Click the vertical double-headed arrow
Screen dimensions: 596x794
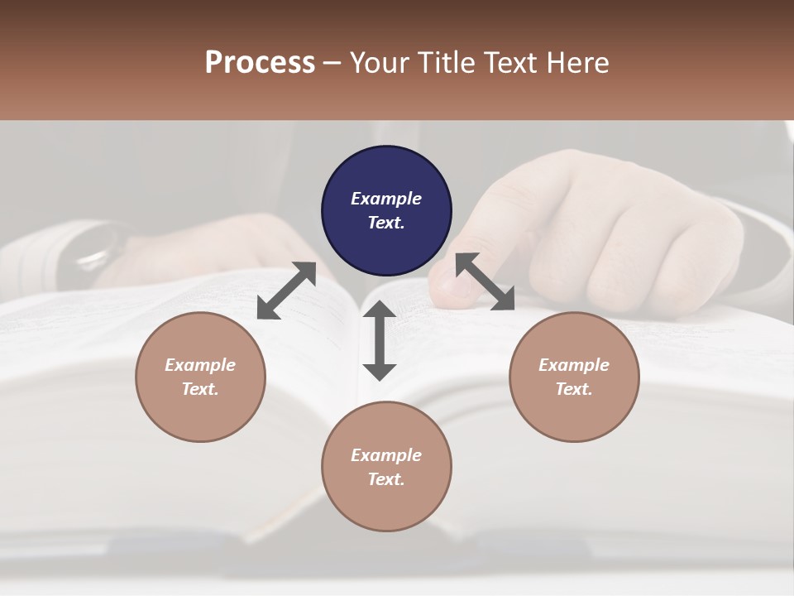point(380,340)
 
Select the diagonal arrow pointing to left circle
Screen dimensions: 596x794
point(286,291)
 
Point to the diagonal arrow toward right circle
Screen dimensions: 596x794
point(485,281)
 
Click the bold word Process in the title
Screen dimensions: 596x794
point(260,62)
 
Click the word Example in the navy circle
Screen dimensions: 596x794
point(386,199)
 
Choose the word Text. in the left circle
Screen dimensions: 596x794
point(200,389)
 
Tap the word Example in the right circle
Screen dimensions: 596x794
point(574,365)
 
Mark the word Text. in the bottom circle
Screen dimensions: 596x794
point(386,479)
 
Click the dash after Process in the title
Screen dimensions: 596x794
point(332,63)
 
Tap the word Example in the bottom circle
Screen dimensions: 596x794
point(386,455)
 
